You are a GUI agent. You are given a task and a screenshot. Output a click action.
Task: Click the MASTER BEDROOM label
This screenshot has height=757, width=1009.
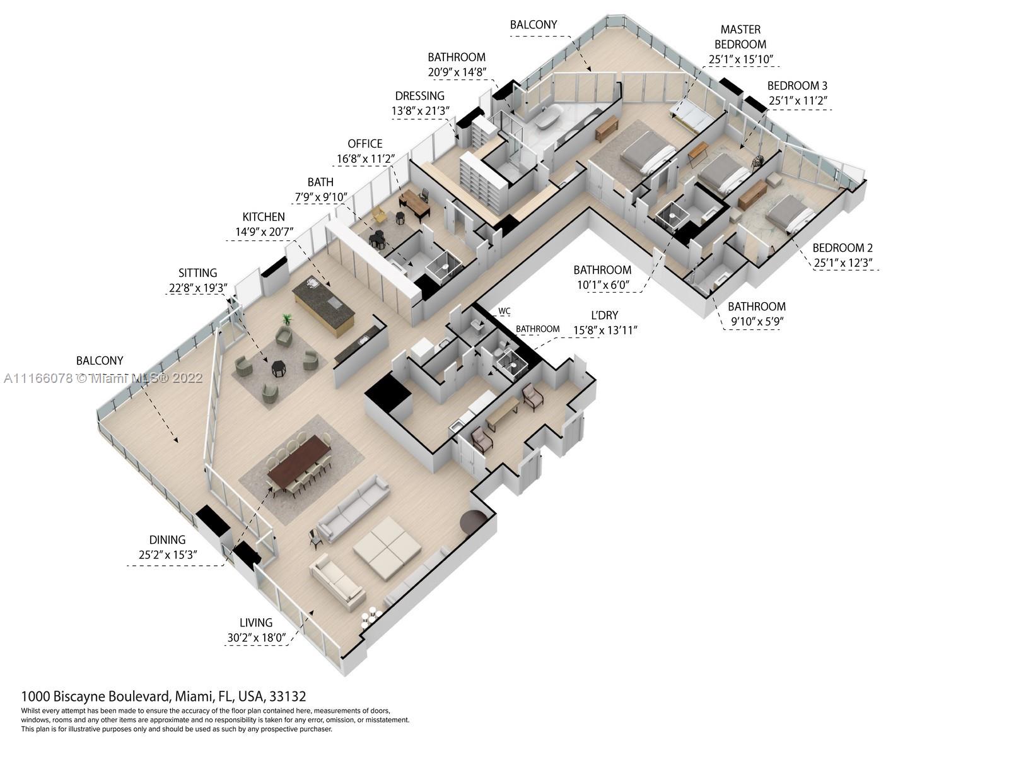click(x=740, y=37)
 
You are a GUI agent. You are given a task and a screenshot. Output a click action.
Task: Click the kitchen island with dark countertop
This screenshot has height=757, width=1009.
click(x=323, y=306)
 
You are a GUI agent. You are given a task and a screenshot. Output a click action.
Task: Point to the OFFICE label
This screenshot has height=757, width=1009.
click(x=365, y=144)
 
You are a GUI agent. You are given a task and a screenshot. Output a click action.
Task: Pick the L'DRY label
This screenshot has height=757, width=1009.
click(x=604, y=315)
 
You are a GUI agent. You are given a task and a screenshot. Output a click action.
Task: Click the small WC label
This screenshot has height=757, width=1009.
click(x=504, y=311)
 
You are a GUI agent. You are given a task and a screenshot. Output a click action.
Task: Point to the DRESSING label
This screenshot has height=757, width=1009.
click(x=419, y=96)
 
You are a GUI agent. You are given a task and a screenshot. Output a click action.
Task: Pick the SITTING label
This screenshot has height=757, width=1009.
click(x=197, y=273)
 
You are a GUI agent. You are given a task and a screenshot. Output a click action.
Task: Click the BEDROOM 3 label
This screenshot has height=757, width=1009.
click(x=797, y=86)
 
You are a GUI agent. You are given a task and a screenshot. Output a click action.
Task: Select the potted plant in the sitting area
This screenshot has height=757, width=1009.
click(x=287, y=320)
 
